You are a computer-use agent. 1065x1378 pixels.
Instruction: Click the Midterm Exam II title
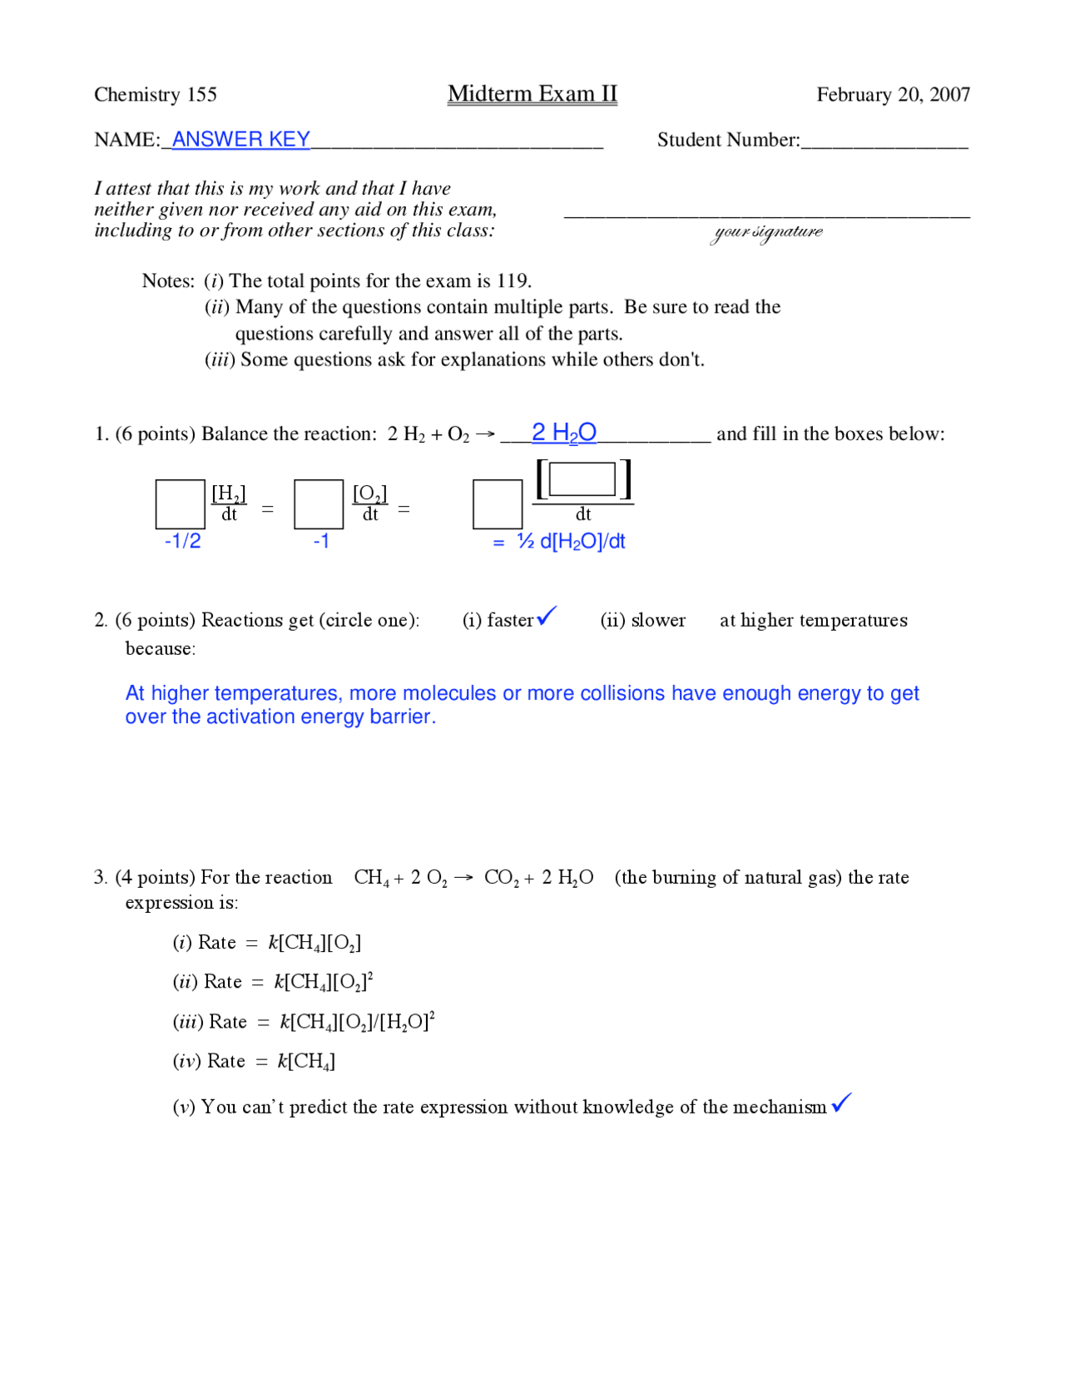(x=532, y=94)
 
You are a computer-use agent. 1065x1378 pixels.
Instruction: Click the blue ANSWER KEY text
(x=240, y=140)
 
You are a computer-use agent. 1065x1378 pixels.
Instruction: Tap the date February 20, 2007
(x=893, y=95)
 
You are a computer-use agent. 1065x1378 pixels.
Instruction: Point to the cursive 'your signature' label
(x=767, y=232)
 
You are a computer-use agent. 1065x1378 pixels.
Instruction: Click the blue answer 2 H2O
(x=563, y=433)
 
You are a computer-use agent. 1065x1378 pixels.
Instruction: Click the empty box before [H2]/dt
(x=180, y=504)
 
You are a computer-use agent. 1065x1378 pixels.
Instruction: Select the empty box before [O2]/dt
(x=319, y=504)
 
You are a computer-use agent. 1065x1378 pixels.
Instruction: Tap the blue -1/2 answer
(x=182, y=542)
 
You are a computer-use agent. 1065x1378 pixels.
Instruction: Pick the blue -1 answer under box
(x=321, y=542)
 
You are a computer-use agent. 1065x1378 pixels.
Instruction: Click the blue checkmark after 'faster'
(x=547, y=617)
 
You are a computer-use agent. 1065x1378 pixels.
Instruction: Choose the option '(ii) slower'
(x=642, y=621)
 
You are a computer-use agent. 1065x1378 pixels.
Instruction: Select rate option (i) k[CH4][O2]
(x=266, y=943)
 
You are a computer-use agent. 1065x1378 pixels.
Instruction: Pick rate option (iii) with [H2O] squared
(x=304, y=1022)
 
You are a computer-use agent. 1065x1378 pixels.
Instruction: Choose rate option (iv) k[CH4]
(x=254, y=1061)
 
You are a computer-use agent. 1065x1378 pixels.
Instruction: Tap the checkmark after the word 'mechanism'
(x=841, y=1103)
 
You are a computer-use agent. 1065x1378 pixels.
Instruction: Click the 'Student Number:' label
(x=728, y=140)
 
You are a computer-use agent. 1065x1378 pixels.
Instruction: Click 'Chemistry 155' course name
(x=156, y=95)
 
